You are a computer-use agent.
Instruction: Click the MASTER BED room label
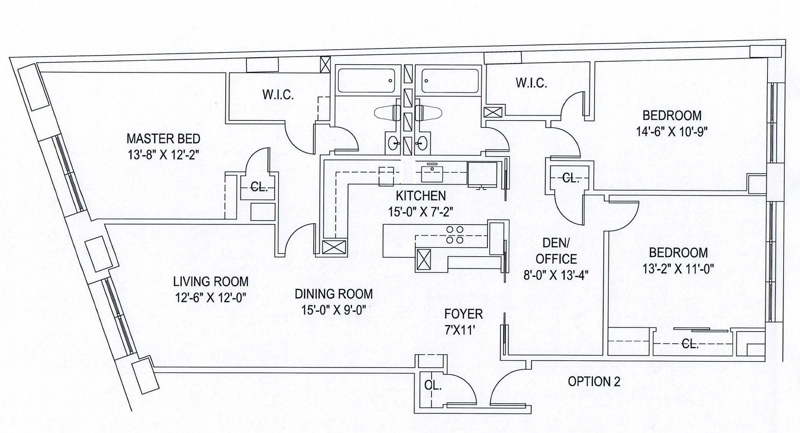pos(163,138)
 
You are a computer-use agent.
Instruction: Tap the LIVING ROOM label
pos(211,282)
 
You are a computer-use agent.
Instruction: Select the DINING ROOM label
pos(334,294)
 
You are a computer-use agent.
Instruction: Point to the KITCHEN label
pos(421,196)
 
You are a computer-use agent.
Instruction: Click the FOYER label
pos(463,314)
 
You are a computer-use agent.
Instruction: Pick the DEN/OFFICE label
pos(556,251)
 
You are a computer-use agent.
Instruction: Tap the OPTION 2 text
pos(594,381)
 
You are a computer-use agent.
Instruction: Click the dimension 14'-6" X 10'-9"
pos(672,132)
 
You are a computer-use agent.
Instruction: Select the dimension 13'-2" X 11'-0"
pos(678,269)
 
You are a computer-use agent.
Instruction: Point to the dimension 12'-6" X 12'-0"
pos(211,298)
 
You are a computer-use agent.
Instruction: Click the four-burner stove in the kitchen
pos(455,235)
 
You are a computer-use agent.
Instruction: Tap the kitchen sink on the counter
pos(432,174)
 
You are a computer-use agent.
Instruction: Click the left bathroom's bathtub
pos(366,81)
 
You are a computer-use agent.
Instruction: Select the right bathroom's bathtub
pos(450,81)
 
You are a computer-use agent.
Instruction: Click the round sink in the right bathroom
pos(422,143)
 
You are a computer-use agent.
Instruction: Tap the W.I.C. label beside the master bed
pos(278,95)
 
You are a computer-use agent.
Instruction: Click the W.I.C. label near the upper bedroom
pos(531,83)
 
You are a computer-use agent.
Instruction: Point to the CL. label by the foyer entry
pos(433,385)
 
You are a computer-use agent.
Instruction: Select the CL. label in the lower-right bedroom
pos(690,344)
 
